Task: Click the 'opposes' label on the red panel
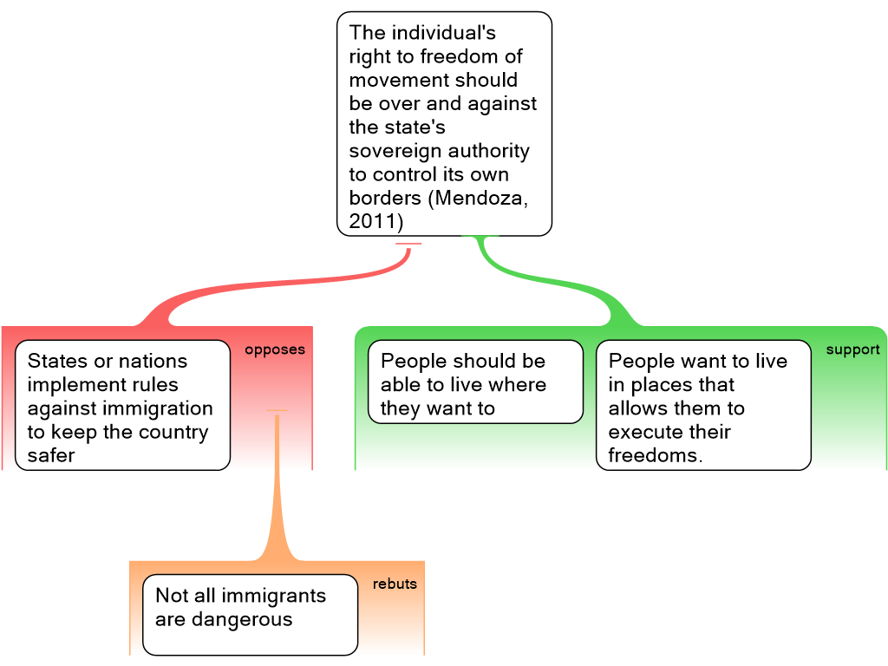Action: coord(275,350)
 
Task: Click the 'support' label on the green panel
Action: coord(852,350)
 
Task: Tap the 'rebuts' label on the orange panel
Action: coord(395,584)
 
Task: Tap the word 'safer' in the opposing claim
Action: coord(51,455)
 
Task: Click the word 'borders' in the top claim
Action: coord(383,198)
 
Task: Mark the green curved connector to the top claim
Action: coord(555,277)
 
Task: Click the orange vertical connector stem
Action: coord(277,486)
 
